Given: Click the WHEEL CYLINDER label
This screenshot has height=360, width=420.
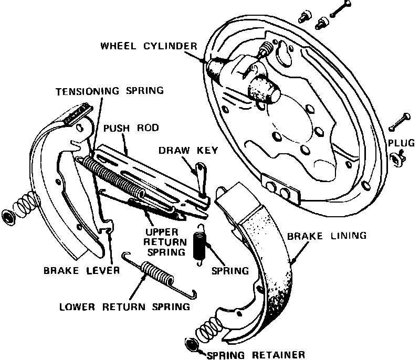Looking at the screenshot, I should tap(149, 46).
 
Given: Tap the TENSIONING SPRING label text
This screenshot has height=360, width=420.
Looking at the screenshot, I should tap(110, 91).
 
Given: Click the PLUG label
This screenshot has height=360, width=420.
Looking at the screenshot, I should tap(401, 143).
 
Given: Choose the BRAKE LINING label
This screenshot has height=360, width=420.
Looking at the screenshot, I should tap(327, 236).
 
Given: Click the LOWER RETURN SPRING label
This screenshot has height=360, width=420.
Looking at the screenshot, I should tap(124, 306).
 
